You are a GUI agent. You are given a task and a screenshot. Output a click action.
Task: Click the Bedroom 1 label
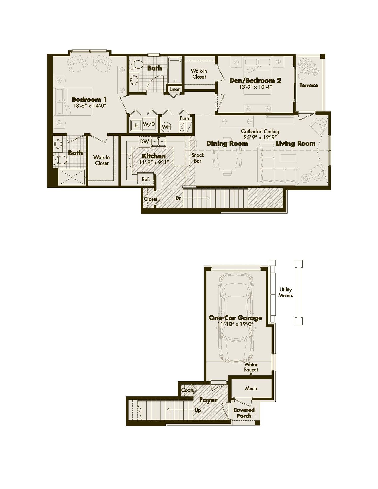point(89,99)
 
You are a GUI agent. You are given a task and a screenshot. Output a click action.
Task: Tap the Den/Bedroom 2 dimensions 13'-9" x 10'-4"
point(255,87)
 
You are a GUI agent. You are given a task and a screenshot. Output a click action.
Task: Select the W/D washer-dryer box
point(149,124)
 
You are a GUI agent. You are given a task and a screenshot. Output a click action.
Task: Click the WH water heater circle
point(166,127)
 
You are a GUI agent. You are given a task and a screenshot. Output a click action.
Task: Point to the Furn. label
point(185,118)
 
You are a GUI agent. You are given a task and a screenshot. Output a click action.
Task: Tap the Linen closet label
point(175,89)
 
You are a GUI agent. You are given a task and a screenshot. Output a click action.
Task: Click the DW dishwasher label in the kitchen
point(144,142)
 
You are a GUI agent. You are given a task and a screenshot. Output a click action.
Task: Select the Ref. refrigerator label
point(146,179)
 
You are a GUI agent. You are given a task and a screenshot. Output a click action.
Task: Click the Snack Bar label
point(198,158)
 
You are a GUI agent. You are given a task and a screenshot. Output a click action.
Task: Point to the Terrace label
point(309,85)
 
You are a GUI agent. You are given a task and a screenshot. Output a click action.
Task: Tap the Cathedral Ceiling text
point(260,132)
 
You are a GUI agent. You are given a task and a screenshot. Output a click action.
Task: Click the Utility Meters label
point(286,292)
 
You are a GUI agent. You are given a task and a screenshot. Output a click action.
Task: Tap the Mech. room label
point(251,388)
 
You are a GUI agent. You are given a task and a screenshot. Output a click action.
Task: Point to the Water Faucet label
point(251,367)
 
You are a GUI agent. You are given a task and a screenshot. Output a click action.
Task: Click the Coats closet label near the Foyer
point(187,390)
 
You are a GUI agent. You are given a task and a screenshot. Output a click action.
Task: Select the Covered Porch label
point(244,413)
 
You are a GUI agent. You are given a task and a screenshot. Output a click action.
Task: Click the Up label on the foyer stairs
point(198,410)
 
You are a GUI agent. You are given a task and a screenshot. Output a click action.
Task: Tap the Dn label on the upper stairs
point(179,198)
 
